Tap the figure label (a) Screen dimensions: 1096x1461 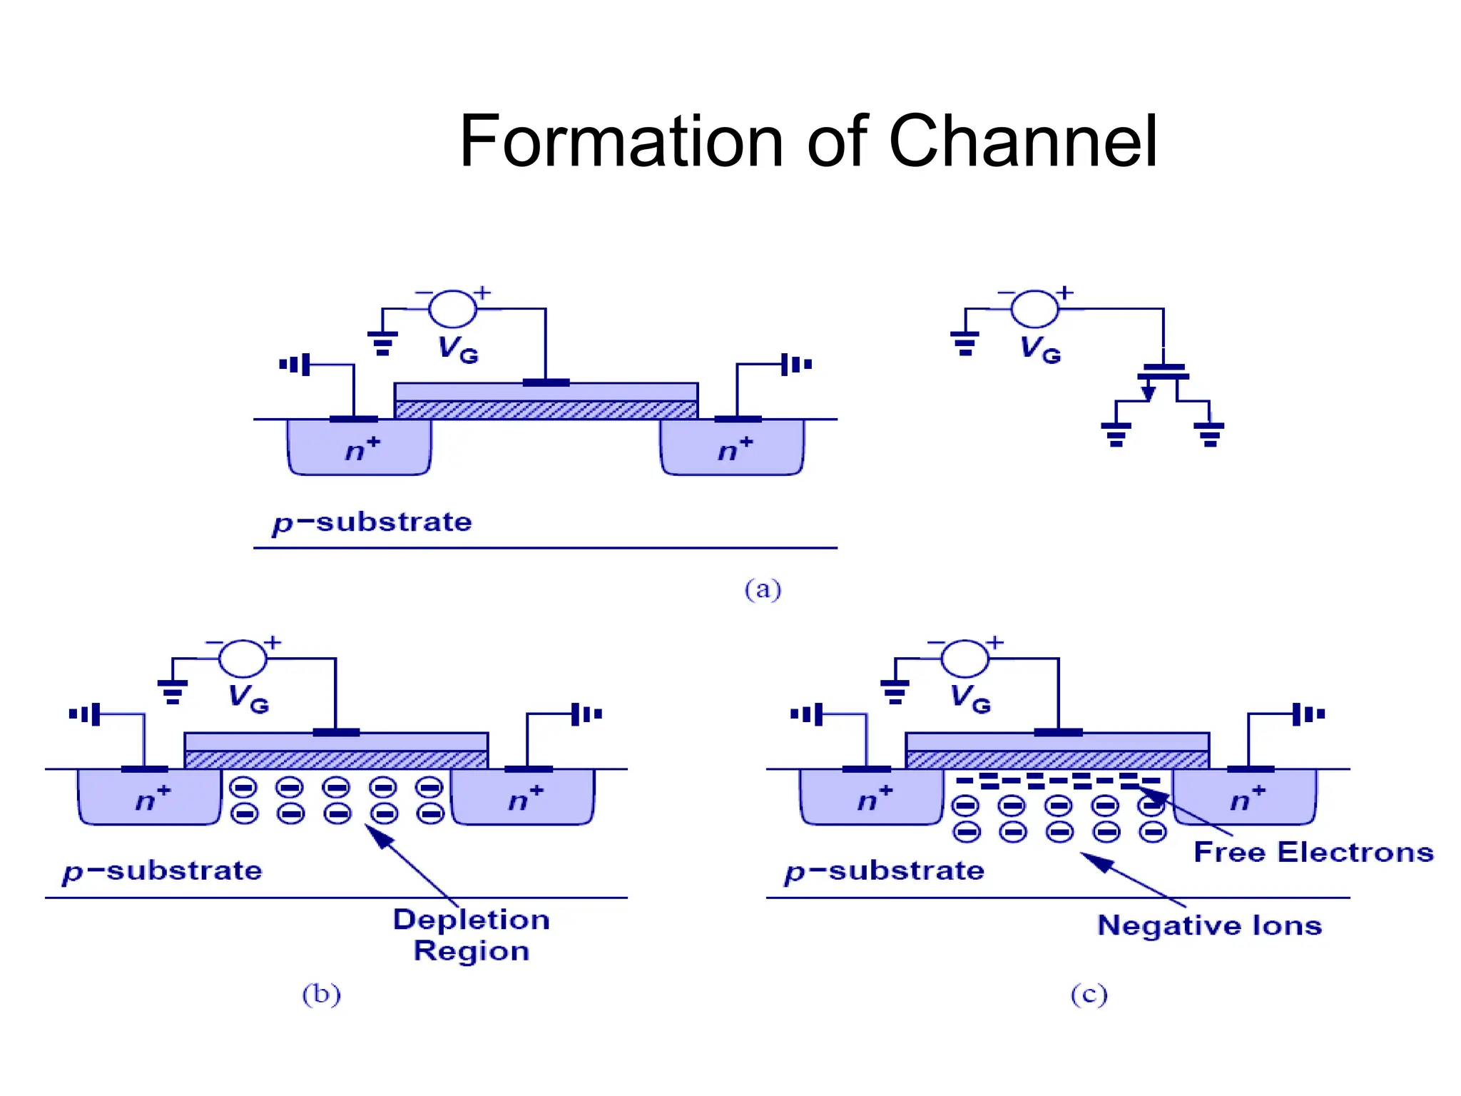point(763,589)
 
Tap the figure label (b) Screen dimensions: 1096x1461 point(321,993)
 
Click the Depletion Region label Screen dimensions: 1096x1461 point(471,935)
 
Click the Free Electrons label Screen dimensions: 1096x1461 point(1313,852)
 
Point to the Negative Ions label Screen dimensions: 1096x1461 point(1209,925)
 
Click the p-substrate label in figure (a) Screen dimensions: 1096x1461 point(372,522)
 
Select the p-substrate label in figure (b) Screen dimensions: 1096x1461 point(162,871)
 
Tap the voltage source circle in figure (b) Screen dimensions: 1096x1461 point(243,658)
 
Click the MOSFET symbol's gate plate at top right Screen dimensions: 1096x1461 point(1164,367)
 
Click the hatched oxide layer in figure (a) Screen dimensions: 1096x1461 point(546,410)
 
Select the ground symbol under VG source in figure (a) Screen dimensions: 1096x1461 point(382,342)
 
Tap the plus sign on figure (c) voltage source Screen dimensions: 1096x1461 point(995,642)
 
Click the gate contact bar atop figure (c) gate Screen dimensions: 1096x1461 point(1058,732)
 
